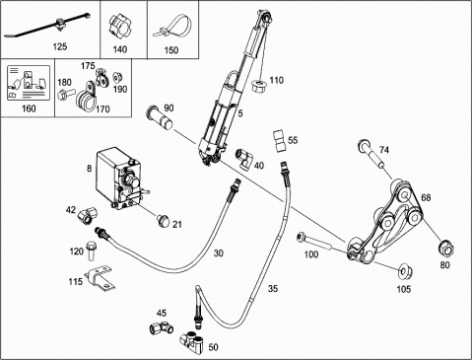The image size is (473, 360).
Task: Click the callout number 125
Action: pyautogui.click(x=60, y=46)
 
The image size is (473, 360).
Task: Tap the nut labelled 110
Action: pyautogui.click(x=259, y=86)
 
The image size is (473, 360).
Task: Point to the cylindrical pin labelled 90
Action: pyautogui.click(x=160, y=117)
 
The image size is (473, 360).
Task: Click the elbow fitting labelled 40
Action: pyautogui.click(x=243, y=159)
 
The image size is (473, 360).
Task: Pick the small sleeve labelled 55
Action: pyautogui.click(x=279, y=141)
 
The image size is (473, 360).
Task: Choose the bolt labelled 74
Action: pyautogui.click(x=372, y=153)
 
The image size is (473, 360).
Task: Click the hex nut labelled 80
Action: pyautogui.click(x=446, y=249)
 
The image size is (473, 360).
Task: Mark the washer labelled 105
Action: pyautogui.click(x=404, y=271)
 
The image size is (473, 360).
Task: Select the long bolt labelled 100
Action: pyautogui.click(x=313, y=243)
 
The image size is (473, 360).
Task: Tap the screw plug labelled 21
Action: pyautogui.click(x=163, y=221)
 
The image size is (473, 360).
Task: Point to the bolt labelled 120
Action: pyautogui.click(x=91, y=251)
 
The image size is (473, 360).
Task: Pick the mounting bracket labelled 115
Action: pyautogui.click(x=100, y=278)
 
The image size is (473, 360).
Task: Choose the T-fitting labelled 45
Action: pyautogui.click(x=162, y=327)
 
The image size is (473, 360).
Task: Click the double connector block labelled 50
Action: pyautogui.click(x=191, y=343)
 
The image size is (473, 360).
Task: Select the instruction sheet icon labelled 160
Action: pyautogui.click(x=29, y=83)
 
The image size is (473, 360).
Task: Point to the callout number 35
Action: pyautogui.click(x=273, y=288)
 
